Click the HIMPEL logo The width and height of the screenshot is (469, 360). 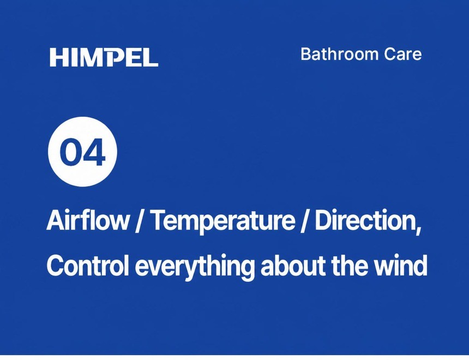tap(104, 57)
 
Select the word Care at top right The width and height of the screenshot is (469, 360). tap(403, 54)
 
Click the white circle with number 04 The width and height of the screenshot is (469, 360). tap(82, 152)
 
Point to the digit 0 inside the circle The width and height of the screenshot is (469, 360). tap(70, 152)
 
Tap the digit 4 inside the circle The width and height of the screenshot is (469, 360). tap(94, 152)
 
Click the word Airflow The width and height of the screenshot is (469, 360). tap(88, 220)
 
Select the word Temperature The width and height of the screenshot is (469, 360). tap(223, 222)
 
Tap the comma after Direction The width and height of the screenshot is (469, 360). tap(418, 230)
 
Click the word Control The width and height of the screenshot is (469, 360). tap(88, 266)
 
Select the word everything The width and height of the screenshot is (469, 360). tap(195, 267)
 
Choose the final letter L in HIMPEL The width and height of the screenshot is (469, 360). tap(151, 57)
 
